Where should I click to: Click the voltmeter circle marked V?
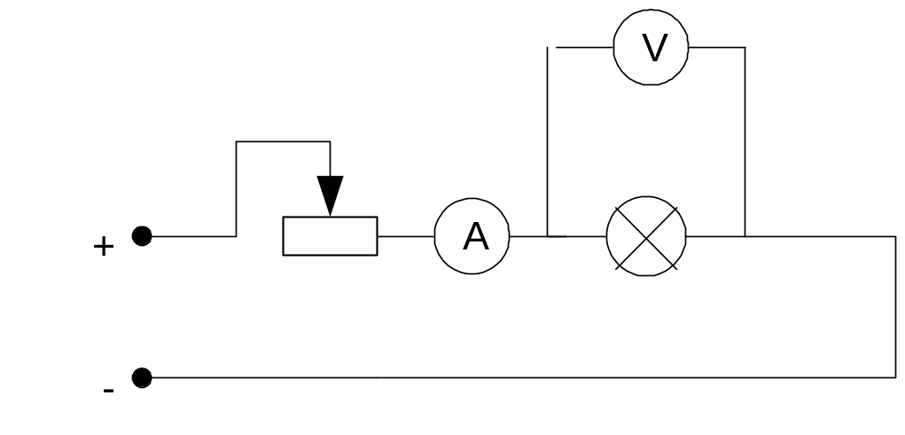point(651,48)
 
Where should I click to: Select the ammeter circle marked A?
point(472,236)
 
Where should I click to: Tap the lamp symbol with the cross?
point(646,236)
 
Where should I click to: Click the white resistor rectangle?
point(330,236)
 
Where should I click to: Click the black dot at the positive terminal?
point(142,236)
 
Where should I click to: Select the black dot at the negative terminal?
point(142,378)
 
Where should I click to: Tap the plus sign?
point(104,247)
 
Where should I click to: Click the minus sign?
point(108,391)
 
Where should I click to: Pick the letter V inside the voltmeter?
point(654,48)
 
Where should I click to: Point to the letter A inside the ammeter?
point(476,236)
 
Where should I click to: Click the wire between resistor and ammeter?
point(406,236)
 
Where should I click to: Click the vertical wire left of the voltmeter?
point(548,142)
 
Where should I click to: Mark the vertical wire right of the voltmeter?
point(745,142)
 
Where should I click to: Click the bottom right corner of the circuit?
point(895,378)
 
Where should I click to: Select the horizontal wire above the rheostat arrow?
point(284,141)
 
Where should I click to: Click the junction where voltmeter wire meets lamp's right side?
point(745,236)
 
